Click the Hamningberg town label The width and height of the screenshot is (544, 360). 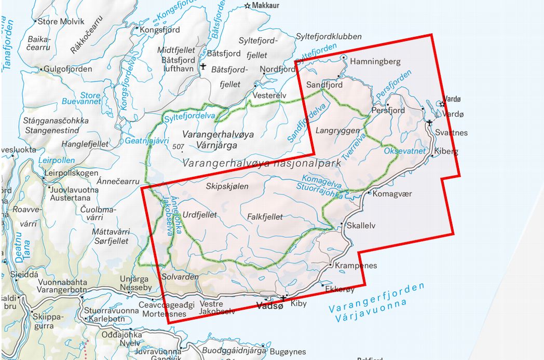(376, 62)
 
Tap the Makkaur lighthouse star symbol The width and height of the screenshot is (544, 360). (248, 6)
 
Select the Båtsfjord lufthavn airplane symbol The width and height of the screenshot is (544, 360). (202, 66)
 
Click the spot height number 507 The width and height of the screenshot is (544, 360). (178, 147)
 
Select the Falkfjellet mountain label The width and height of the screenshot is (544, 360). (266, 217)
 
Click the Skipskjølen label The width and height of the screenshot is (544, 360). (227, 186)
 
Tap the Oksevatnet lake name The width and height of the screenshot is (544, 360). (404, 151)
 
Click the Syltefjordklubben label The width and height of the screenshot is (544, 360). (329, 36)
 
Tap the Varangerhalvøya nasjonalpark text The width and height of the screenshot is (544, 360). (262, 163)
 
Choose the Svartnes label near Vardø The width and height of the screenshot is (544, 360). (451, 133)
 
